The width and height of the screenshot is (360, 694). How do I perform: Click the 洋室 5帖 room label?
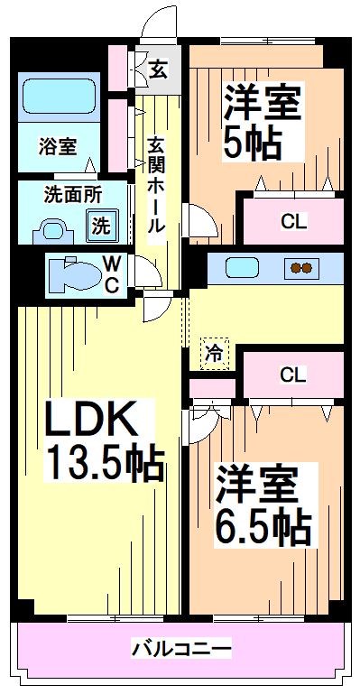pos(263,122)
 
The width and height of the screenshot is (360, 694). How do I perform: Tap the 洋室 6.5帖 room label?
pos(263,504)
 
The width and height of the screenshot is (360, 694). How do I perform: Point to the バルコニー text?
pos(181,649)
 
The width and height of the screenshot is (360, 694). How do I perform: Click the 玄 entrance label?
pos(157,68)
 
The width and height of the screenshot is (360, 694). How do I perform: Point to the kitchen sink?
pos(243,268)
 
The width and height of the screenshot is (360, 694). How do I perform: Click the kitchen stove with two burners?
pos(300,268)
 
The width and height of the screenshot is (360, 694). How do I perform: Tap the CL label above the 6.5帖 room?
pos(290,374)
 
